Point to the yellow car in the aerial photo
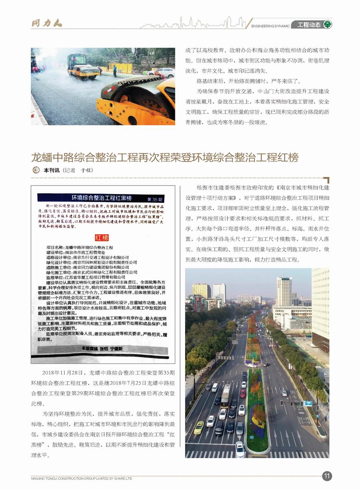pyautogui.click(x=199, y=427)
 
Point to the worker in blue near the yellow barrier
pyautogui.click(x=115, y=70)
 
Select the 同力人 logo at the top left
pyautogui.click(x=47, y=23)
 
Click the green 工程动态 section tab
pyautogui.click(x=309, y=25)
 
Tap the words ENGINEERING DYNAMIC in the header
pyautogui.click(x=271, y=26)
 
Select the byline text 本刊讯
pyautogui.click(x=51, y=170)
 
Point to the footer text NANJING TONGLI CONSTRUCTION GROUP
pyautogui.click(x=82, y=478)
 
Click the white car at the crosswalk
pyautogui.click(x=240, y=449)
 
